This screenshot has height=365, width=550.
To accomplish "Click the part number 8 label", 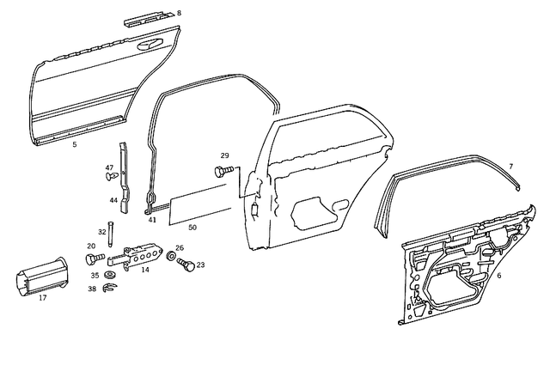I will click(x=179, y=14).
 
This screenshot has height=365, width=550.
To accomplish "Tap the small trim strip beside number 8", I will click(x=149, y=17).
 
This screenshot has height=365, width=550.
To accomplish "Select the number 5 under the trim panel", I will click(x=75, y=146).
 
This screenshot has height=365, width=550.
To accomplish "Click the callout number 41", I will click(x=152, y=221).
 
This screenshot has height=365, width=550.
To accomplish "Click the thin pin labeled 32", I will click(x=112, y=232).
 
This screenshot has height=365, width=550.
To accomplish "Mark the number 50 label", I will click(x=192, y=227).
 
